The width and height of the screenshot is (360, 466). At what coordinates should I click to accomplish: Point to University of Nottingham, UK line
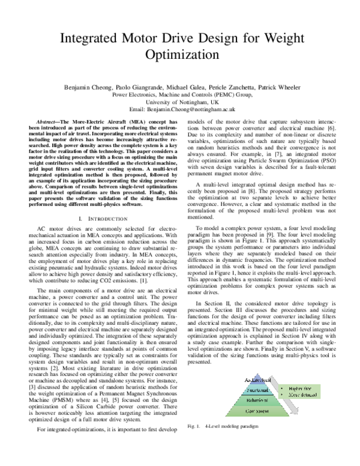point(180,103)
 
